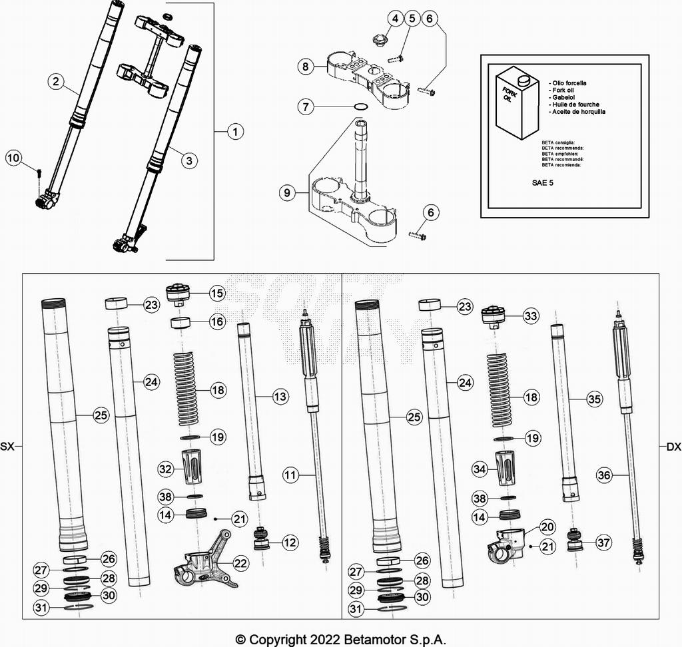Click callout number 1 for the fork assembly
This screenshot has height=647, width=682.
234,132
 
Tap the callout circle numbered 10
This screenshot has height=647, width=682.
13,158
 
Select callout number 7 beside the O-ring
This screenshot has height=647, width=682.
305,106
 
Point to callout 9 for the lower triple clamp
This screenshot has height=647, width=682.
287,193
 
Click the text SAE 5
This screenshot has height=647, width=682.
541,181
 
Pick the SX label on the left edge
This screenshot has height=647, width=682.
7,447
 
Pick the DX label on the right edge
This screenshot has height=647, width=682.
673,447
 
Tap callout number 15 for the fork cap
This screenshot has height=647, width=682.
216,292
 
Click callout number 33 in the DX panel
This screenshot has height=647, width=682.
530,316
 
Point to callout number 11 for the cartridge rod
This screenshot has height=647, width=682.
290,475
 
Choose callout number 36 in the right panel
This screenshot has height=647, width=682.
603,475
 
